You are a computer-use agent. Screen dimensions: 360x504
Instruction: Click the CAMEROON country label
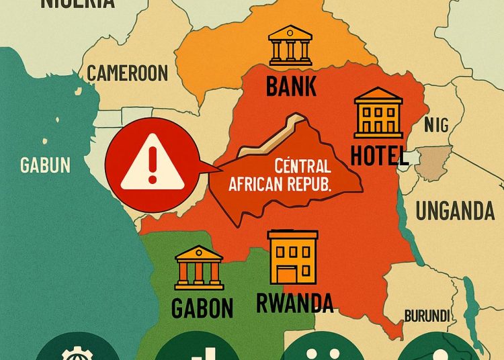(x=128, y=72)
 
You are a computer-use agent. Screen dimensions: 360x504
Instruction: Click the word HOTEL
(x=380, y=156)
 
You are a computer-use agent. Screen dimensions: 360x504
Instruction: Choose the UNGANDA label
(x=455, y=211)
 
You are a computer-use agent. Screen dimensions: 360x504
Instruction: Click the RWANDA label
(x=294, y=303)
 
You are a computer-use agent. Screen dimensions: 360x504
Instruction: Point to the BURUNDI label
(x=426, y=316)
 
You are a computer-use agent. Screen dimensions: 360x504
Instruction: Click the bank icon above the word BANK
(x=290, y=46)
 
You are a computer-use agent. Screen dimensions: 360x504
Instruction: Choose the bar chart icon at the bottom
(x=196, y=351)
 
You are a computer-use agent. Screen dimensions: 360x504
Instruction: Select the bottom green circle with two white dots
(x=319, y=350)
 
